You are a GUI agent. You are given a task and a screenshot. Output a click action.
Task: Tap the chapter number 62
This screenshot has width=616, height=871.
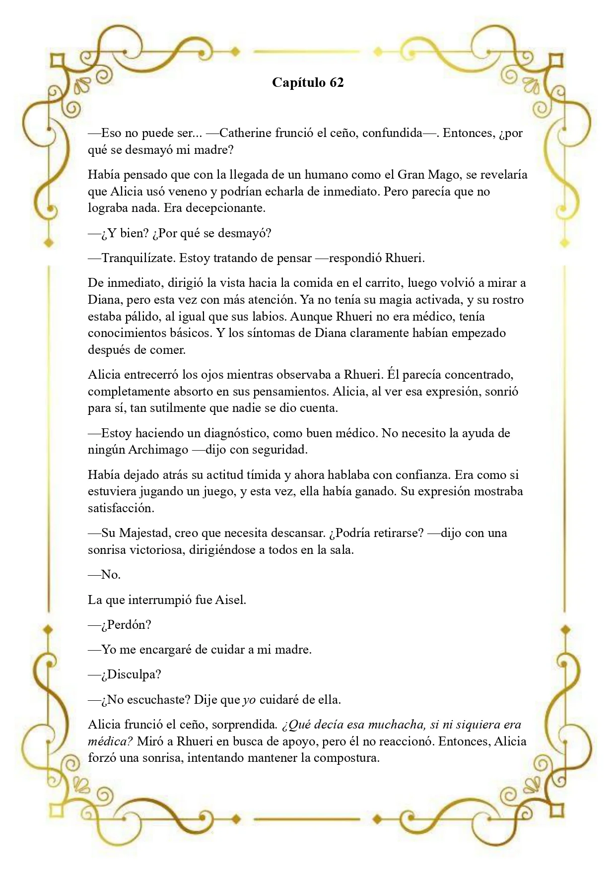pyautogui.click(x=336, y=82)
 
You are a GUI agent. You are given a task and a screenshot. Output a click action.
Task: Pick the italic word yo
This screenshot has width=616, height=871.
pyautogui.click(x=249, y=700)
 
